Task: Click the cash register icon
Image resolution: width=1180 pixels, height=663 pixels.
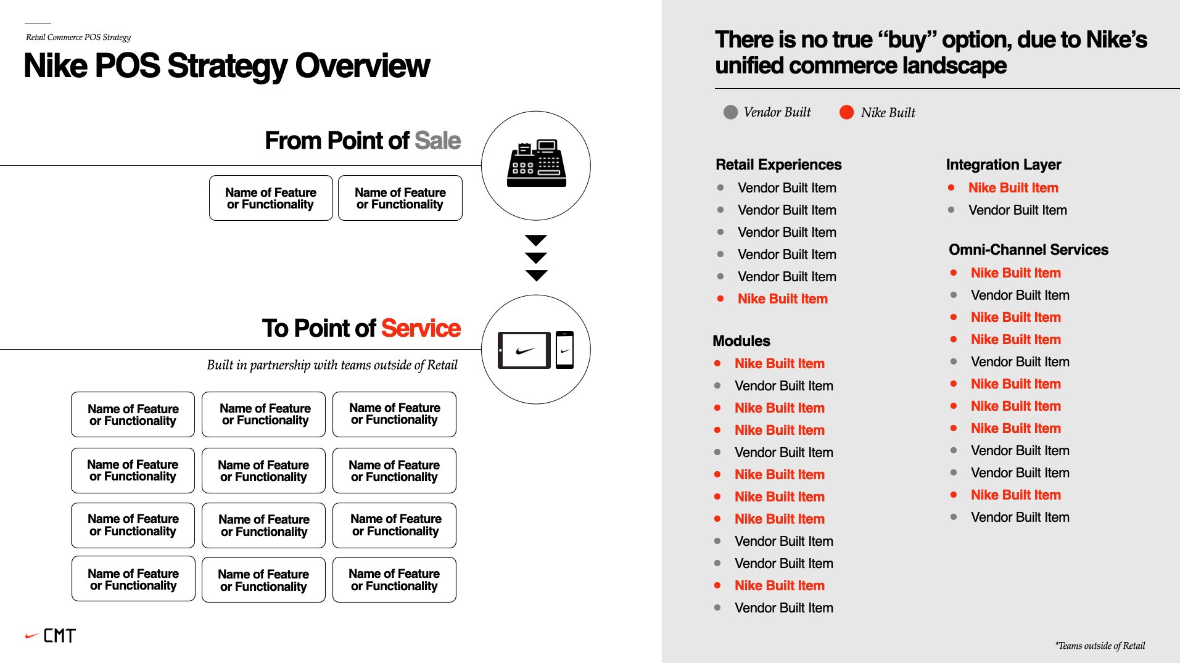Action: point(536,163)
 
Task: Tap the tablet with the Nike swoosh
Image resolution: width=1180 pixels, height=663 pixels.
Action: point(524,350)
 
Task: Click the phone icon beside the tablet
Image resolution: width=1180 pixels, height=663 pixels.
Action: point(564,350)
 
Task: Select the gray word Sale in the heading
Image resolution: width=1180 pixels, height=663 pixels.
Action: point(437,141)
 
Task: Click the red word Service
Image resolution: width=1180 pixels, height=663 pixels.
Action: point(421,328)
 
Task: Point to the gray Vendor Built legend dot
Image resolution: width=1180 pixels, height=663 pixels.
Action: point(730,112)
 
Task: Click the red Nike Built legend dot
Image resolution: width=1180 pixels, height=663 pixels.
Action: point(846,112)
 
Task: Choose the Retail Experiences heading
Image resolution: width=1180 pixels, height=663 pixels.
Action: point(778,165)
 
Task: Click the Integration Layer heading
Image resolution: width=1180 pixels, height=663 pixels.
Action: point(1004,165)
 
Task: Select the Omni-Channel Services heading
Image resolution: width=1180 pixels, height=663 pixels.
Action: point(1028,250)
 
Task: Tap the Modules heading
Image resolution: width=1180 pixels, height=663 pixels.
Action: point(741,341)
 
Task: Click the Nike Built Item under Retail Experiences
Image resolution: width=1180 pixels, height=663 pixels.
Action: point(783,299)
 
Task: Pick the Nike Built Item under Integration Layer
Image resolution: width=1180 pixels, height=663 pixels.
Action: point(1013,188)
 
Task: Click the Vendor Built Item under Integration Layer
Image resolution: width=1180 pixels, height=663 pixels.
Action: point(1018,210)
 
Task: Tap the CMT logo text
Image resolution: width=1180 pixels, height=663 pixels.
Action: point(60,636)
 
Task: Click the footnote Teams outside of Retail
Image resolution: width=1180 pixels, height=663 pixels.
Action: point(1100,646)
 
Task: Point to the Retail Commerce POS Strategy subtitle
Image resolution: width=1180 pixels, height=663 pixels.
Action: point(78,38)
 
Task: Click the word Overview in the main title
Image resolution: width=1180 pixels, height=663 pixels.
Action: point(362,66)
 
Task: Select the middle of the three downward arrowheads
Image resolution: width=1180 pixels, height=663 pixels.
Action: point(536,258)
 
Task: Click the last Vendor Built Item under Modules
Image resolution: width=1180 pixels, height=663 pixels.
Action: point(784,608)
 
